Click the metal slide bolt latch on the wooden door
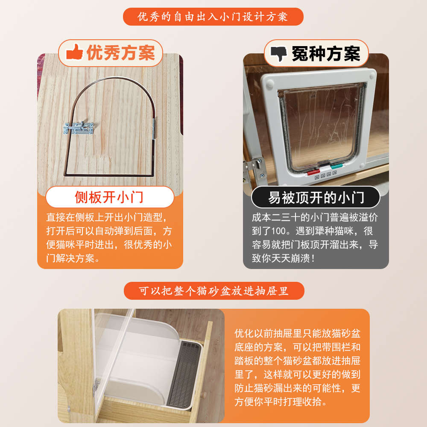[80, 127]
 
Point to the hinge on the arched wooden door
[154, 129]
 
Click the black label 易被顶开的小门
[316, 197]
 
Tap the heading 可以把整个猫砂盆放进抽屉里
[213, 291]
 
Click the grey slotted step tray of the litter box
[184, 371]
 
